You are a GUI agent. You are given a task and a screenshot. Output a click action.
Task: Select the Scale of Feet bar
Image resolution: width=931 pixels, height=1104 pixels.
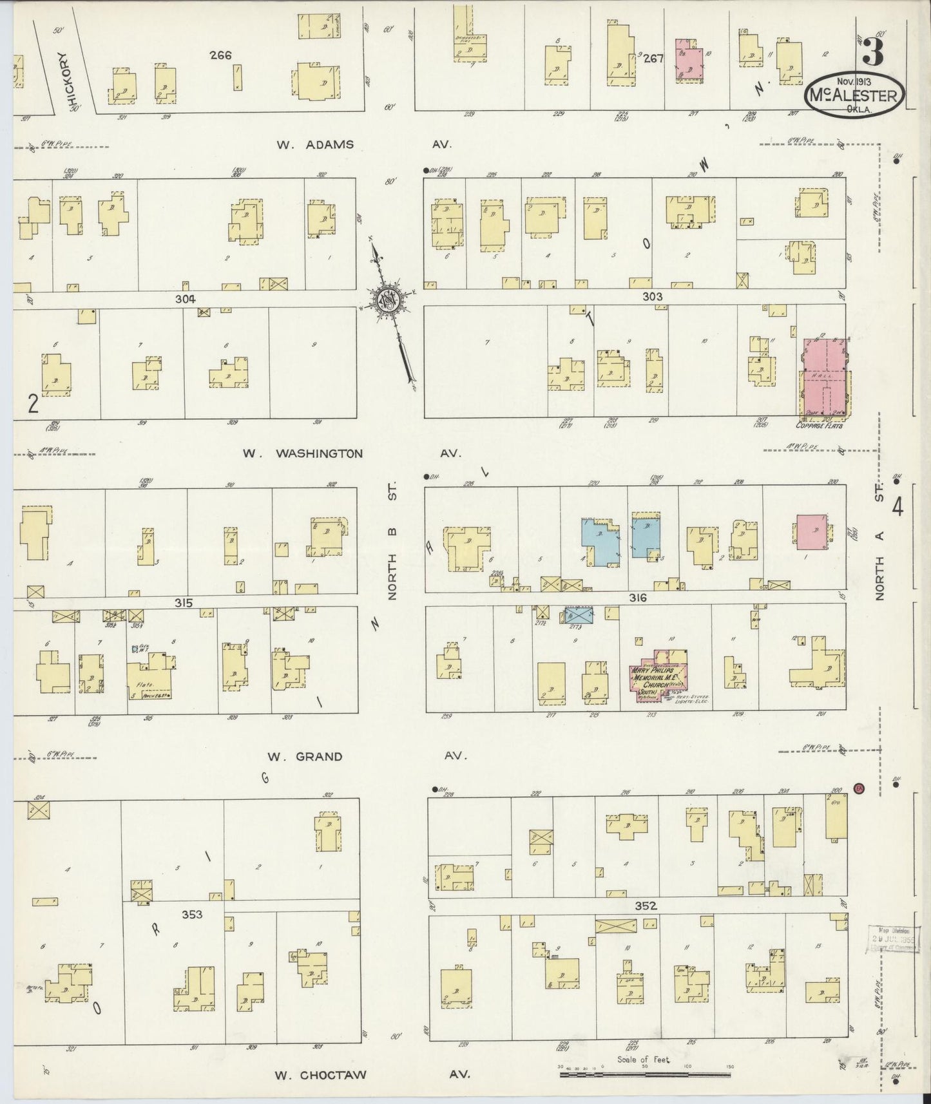[x=644, y=1067]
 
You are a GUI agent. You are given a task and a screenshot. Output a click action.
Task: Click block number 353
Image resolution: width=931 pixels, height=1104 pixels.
[x=192, y=914]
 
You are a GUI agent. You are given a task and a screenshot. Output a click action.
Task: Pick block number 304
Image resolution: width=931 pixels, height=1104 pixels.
[x=184, y=299]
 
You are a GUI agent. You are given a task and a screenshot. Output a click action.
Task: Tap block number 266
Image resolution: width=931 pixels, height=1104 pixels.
[x=220, y=55]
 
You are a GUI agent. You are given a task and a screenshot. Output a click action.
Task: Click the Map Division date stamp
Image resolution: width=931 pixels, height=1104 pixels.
[x=892, y=939]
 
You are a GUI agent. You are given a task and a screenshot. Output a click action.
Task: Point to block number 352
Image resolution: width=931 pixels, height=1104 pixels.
[x=645, y=906]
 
